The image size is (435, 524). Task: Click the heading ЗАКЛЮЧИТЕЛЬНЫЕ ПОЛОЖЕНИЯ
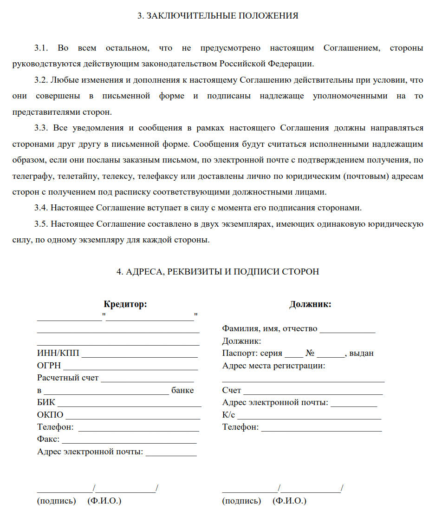[218, 16]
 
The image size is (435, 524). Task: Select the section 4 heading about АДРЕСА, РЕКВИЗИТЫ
[218, 272]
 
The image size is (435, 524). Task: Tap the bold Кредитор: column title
[125, 305]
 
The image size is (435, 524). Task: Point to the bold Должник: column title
[310, 305]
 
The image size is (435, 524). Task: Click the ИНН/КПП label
[58, 354]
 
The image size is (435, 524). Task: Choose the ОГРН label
[49, 366]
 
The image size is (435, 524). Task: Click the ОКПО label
[50, 415]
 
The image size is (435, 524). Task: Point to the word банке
[182, 390]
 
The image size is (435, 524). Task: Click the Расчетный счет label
[68, 378]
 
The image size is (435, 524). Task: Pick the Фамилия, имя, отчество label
[270, 329]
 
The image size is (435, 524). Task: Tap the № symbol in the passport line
[310, 354]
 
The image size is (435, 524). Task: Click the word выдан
[361, 354]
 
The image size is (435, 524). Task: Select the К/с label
[228, 415]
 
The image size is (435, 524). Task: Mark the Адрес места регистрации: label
[273, 366]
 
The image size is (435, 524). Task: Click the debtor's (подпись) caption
[241, 501]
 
